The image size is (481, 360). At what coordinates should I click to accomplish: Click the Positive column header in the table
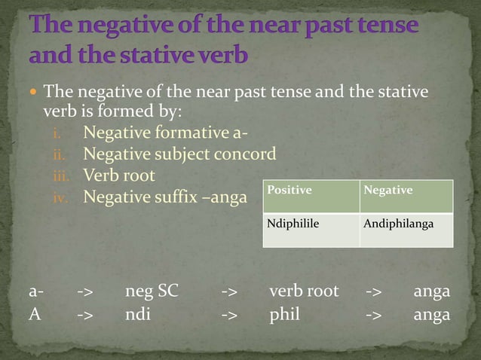[x=290, y=191]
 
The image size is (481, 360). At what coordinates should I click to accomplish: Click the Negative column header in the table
[x=388, y=191]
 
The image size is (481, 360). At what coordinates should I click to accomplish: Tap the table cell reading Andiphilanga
[x=398, y=224]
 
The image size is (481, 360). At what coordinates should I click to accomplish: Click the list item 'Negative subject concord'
[x=179, y=154]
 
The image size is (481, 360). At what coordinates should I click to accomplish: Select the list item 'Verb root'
[x=119, y=175]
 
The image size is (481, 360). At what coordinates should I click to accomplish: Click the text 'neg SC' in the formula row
[x=152, y=291]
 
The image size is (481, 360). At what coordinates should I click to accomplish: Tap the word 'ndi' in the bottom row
[x=138, y=314]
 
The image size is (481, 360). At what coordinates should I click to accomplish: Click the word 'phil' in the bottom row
[x=285, y=314]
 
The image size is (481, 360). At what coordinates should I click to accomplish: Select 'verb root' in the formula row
[x=304, y=291]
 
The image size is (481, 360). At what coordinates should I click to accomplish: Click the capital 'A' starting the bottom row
[x=35, y=314]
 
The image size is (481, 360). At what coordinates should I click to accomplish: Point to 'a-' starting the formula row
[x=36, y=291]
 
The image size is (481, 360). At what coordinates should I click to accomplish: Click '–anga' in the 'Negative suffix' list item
[x=225, y=197]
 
